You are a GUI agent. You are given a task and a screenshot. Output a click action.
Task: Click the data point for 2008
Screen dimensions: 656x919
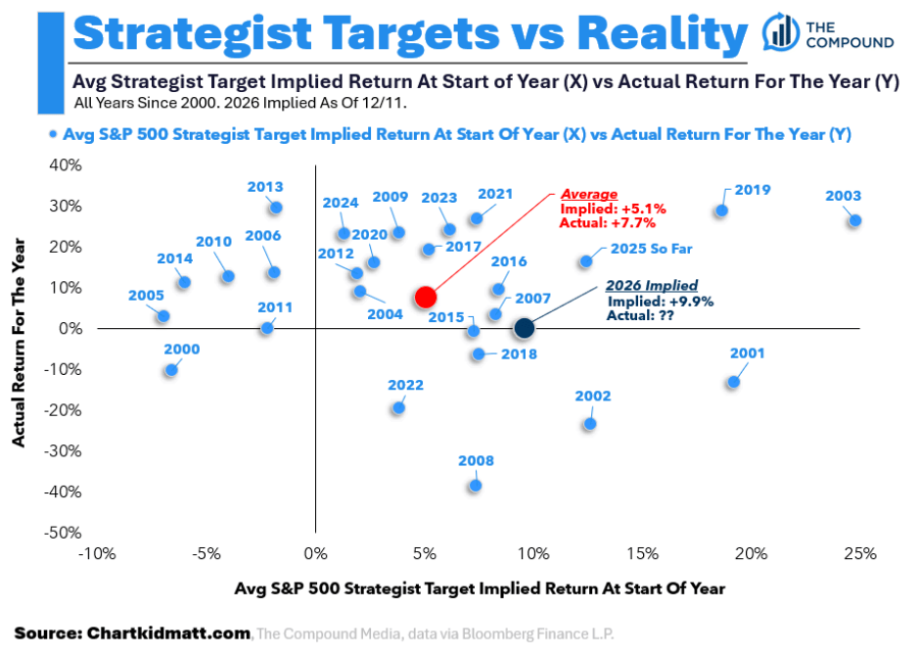pos(476,485)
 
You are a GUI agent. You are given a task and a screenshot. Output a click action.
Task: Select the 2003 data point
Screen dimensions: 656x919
pos(854,221)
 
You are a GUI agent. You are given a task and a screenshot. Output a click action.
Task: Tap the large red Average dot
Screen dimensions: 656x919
pos(425,297)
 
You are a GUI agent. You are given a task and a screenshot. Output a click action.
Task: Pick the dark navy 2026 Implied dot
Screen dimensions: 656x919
pos(524,328)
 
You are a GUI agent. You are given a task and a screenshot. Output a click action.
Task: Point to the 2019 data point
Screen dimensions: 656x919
pos(721,211)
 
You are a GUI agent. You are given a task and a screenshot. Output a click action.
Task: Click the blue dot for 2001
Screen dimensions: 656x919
pos(733,382)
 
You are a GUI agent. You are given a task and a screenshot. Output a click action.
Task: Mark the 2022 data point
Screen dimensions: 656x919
pos(397,407)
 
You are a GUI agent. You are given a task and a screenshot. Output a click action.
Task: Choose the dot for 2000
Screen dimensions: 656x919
pos(171,370)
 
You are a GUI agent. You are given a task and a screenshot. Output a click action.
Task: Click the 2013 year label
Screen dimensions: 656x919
pos(264,187)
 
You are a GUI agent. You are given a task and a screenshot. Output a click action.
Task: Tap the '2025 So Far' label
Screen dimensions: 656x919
pos(644,249)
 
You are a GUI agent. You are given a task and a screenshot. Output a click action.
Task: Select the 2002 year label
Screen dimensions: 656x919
pos(592,397)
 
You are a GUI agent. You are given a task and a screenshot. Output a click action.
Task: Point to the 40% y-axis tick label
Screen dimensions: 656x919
pos(67,164)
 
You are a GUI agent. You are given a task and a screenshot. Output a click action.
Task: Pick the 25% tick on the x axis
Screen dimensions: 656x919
pos(859,554)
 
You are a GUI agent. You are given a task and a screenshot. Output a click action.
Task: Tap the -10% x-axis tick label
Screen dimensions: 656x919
pos(96,554)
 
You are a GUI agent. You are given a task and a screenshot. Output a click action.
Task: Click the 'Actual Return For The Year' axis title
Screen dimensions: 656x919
pos(19,348)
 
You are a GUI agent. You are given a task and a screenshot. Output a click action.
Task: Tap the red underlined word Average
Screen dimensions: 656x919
pos(588,195)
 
